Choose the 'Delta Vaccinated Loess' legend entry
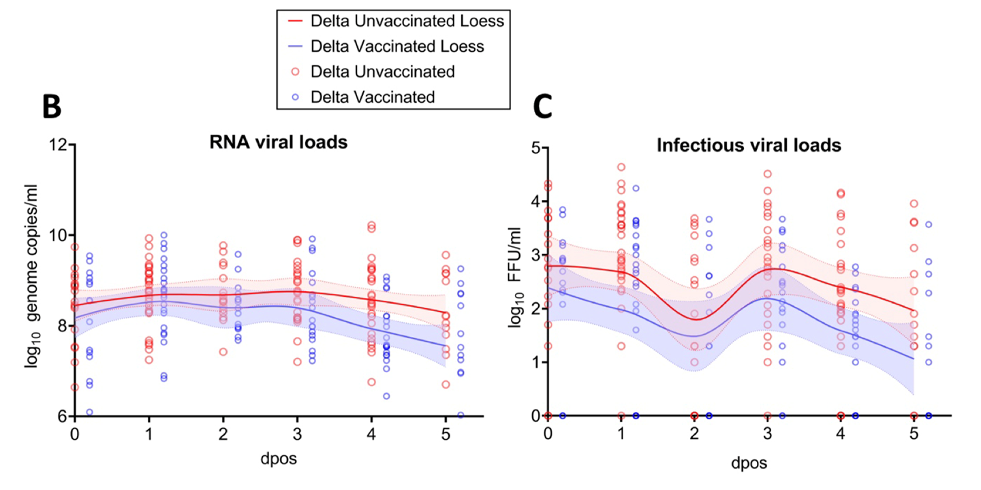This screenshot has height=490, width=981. [x=397, y=46]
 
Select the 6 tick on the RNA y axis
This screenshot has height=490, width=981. [x=61, y=416]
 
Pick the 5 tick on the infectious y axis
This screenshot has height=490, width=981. [x=535, y=148]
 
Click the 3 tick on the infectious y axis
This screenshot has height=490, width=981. [x=535, y=255]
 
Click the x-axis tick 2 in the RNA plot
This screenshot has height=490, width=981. [x=223, y=434]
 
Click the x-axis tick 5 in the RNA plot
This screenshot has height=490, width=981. [x=446, y=434]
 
